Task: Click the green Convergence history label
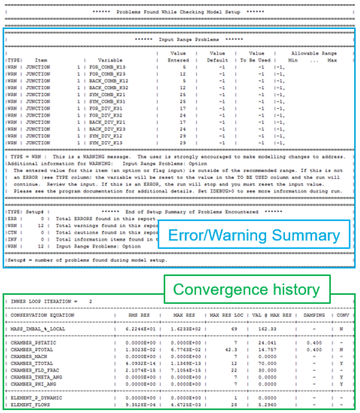click(x=246, y=290)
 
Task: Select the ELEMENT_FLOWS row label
click(x=30, y=406)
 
